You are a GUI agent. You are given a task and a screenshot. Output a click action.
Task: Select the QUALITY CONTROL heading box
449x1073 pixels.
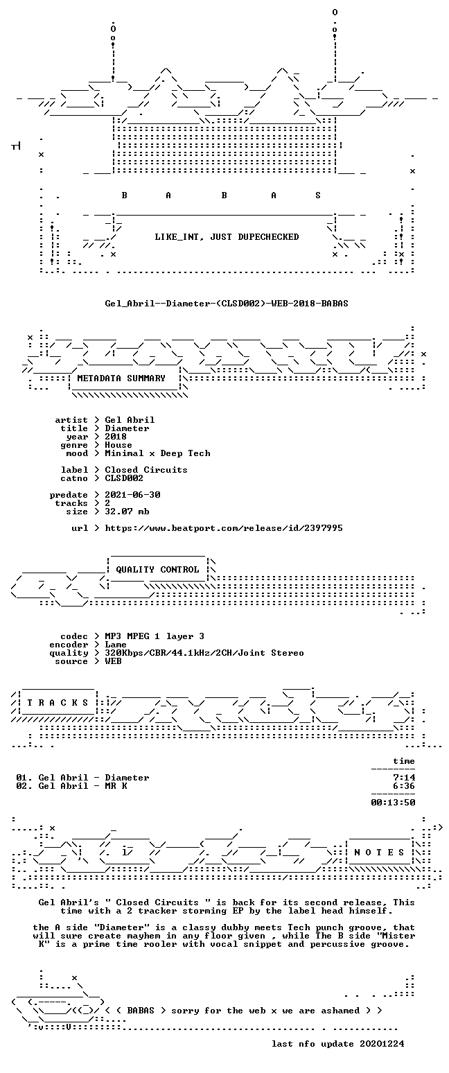[157, 570]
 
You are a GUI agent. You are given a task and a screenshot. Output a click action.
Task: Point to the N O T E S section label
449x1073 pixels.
[380, 852]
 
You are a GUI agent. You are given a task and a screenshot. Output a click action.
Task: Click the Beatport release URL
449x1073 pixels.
[224, 528]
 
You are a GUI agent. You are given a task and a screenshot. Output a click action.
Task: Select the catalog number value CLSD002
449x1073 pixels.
[124, 478]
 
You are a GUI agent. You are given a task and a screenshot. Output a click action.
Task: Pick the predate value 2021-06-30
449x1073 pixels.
[132, 495]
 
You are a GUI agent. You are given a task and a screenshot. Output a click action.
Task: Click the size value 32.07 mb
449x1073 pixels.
[127, 512]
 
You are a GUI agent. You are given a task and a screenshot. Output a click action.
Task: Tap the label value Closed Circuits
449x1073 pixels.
[146, 470]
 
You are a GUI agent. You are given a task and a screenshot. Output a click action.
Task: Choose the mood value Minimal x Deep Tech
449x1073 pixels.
[157, 453]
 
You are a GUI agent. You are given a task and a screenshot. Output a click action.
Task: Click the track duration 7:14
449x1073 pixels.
[404, 778]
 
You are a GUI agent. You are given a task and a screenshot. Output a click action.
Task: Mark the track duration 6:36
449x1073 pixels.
[404, 786]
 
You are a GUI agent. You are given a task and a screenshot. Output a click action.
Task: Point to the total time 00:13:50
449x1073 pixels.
[393, 803]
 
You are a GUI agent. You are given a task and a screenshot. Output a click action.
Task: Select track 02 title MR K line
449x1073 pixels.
[72, 786]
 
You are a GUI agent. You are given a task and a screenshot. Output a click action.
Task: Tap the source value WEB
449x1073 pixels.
[114, 661]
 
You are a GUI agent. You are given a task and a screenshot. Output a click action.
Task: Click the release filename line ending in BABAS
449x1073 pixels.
[227, 303]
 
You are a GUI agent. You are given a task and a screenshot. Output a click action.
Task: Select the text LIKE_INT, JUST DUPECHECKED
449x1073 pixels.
[227, 236]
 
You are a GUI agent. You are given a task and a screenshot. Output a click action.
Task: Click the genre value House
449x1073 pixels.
[118, 445]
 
